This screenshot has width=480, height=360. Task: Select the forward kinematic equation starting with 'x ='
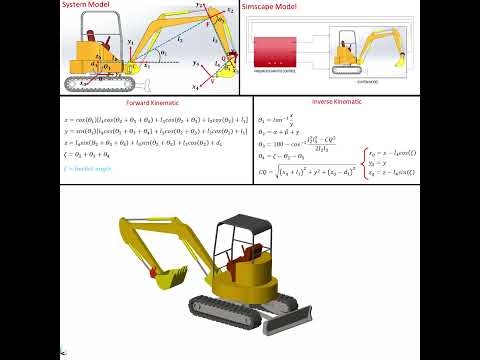tap(150, 119)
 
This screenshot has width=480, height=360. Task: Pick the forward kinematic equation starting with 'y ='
tap(150, 131)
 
